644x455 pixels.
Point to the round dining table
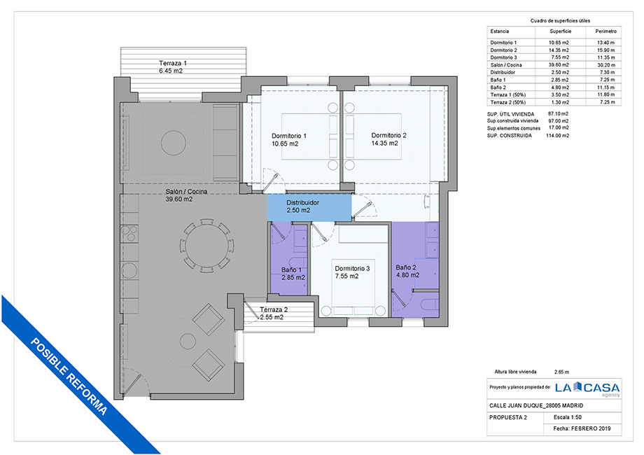pos(207,246)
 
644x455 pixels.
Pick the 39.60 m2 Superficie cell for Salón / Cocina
pos(559,65)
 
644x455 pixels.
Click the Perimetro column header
pos(605,31)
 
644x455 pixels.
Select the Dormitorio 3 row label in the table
pos(503,57)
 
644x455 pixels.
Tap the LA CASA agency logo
pos(587,388)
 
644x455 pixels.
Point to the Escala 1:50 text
pos(567,417)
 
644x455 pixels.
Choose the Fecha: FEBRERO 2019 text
pos(582,428)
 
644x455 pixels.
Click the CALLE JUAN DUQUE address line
pos(536,406)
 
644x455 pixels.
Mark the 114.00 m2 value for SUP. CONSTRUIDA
pos(557,136)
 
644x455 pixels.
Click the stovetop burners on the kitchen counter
pos(130,233)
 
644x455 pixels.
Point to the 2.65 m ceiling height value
pos(561,372)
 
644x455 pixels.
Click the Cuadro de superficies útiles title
pos(560,20)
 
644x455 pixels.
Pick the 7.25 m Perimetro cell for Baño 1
pos(607,80)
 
